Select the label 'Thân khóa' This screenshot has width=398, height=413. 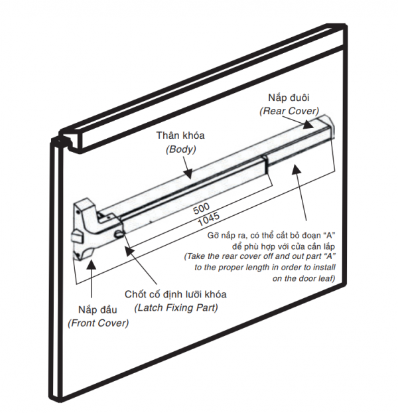pyautogui.click(x=180, y=135)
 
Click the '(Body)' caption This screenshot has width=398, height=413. pyautogui.click(x=180, y=149)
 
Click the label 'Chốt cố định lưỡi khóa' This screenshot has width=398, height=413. pyautogui.click(x=176, y=293)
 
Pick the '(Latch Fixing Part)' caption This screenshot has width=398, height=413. pyautogui.click(x=176, y=307)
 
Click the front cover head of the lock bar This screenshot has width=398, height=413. pyautogui.click(x=86, y=229)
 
